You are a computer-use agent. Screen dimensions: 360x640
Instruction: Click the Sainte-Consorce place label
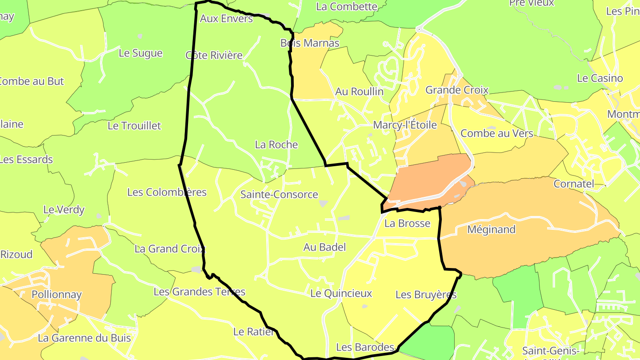(x=279, y=194)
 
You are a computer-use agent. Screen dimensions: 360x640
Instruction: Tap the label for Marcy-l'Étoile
(x=405, y=125)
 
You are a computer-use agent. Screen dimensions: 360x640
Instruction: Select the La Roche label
(x=276, y=144)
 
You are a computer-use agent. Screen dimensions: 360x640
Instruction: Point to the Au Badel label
(x=324, y=247)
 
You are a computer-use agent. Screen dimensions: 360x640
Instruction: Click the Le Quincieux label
(x=341, y=293)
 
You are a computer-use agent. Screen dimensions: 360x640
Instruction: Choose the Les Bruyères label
(x=426, y=295)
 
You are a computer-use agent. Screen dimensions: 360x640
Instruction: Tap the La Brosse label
(x=407, y=223)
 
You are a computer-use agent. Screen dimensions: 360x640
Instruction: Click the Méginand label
(x=492, y=229)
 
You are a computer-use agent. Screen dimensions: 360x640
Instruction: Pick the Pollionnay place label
(x=57, y=294)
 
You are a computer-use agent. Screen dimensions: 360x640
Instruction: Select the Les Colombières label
(x=167, y=192)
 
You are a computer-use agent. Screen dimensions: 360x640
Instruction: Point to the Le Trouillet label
(x=134, y=125)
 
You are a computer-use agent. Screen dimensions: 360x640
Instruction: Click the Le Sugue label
(x=140, y=53)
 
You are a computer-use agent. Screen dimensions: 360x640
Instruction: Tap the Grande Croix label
(x=457, y=90)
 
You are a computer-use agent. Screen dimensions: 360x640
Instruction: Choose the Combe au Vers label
(x=496, y=133)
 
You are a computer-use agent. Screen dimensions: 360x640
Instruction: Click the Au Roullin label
(x=359, y=91)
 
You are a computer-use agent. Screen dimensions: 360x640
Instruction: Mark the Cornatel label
(x=574, y=184)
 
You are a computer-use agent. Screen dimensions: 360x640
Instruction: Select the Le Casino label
(x=600, y=78)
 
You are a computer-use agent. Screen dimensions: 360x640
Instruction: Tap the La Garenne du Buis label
(x=84, y=338)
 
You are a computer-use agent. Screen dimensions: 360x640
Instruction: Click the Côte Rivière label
(x=214, y=55)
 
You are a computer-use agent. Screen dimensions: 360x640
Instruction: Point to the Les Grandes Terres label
(x=199, y=292)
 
